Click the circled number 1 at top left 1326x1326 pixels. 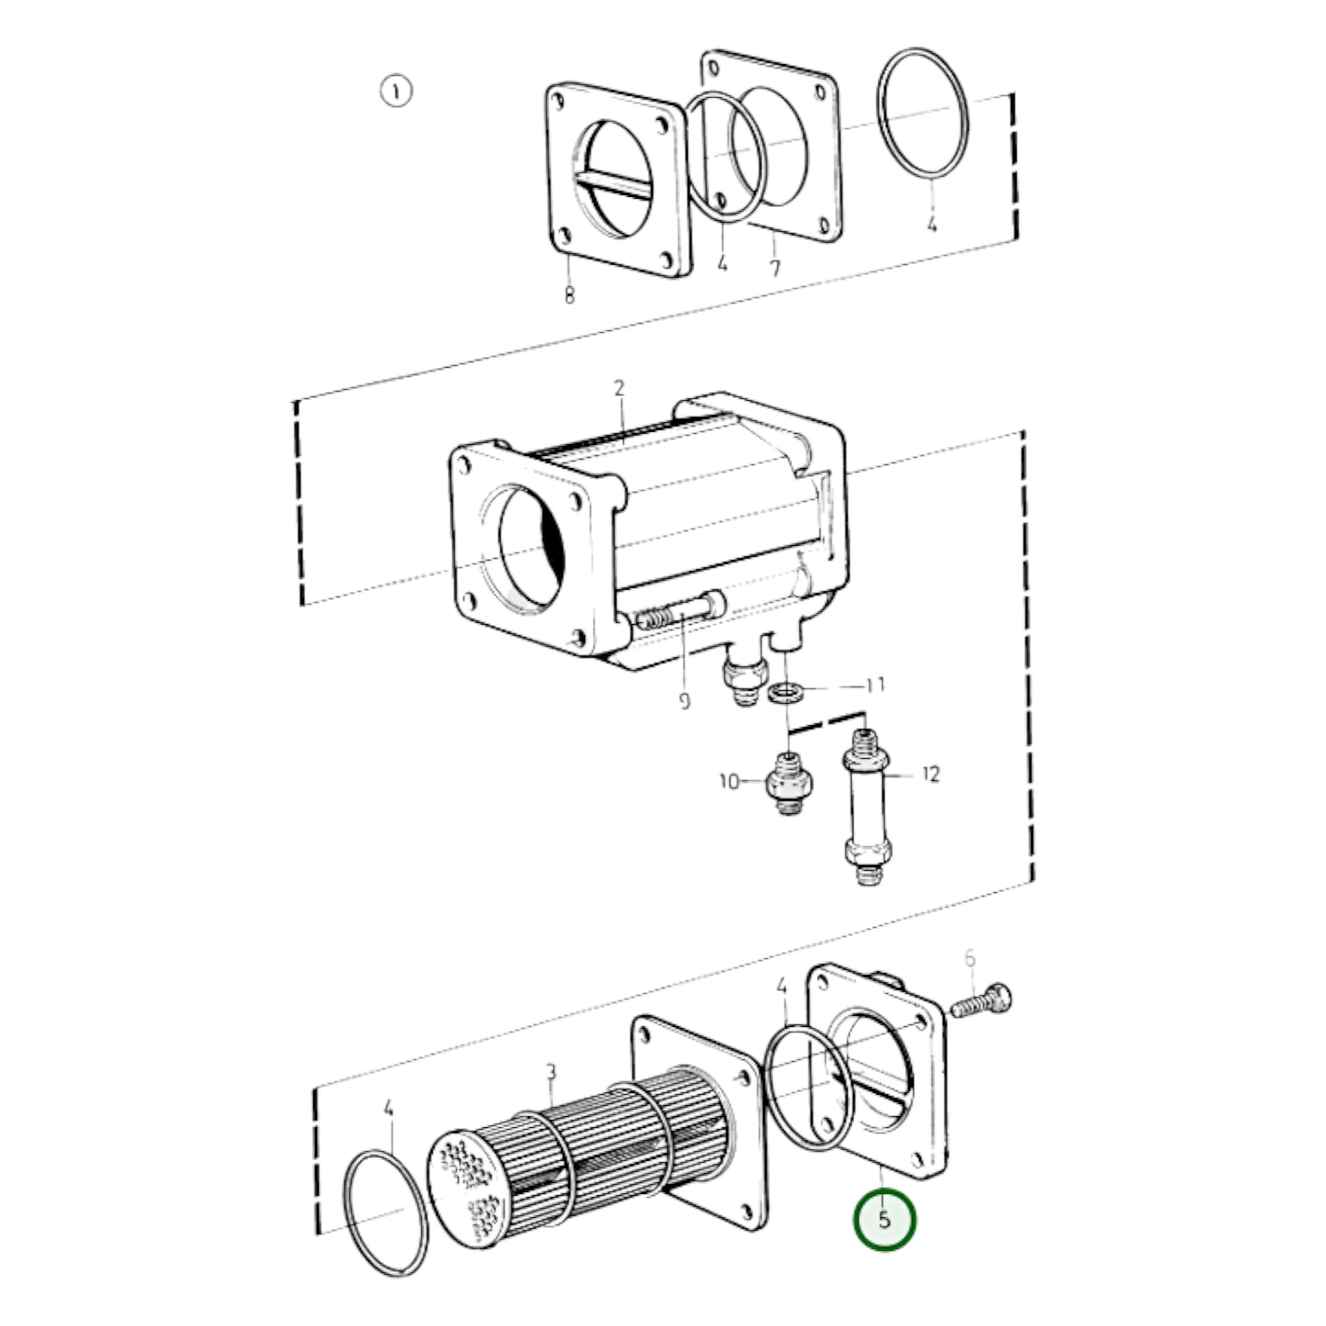tap(396, 92)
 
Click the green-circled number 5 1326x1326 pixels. tap(884, 1220)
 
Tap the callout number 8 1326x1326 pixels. tap(569, 295)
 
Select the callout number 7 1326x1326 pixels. tap(775, 267)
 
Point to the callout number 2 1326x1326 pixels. tap(619, 388)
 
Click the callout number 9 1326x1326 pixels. tap(684, 700)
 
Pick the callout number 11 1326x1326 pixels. tap(875, 685)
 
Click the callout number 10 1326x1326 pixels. tap(730, 781)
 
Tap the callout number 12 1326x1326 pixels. tap(930, 775)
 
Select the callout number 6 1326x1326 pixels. tap(970, 958)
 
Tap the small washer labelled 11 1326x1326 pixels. tap(786, 692)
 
